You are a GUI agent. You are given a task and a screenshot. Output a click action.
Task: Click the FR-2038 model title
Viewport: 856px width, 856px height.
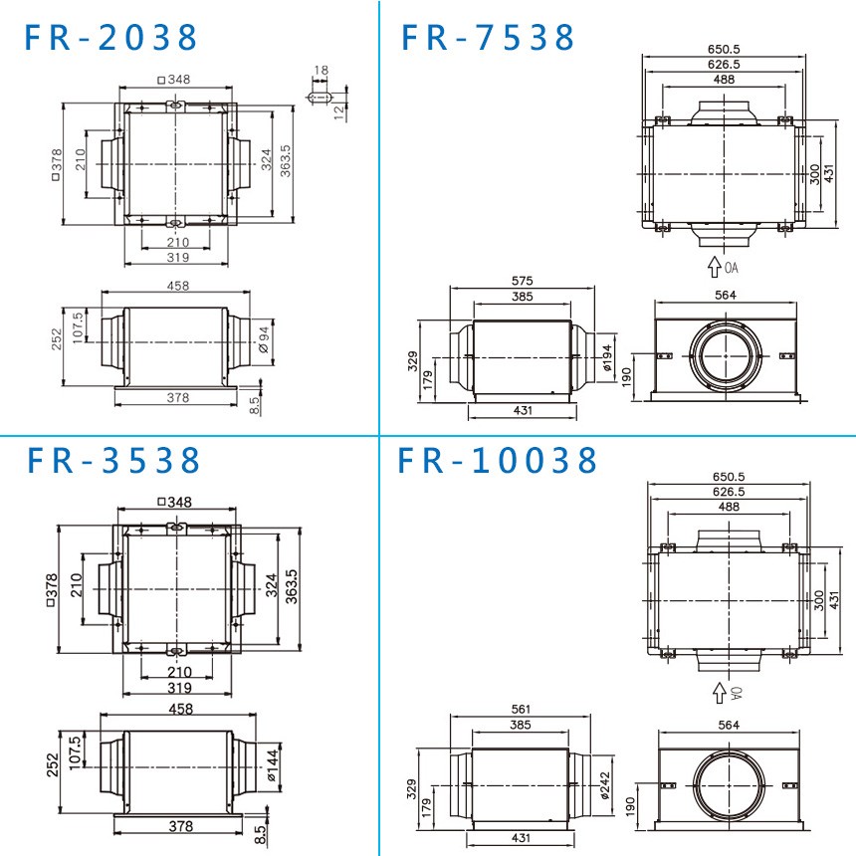point(111,37)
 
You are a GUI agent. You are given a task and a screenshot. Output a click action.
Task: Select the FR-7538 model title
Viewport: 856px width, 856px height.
point(488,37)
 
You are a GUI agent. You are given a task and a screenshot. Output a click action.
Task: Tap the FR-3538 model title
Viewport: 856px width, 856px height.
point(113,460)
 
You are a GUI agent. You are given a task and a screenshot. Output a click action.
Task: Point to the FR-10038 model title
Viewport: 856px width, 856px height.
point(499,460)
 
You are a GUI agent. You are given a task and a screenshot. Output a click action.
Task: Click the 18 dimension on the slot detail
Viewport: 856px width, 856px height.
point(320,72)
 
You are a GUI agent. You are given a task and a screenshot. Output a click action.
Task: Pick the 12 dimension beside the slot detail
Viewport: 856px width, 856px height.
point(339,111)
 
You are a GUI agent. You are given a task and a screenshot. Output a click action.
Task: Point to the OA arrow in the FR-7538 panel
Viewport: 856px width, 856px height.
point(715,267)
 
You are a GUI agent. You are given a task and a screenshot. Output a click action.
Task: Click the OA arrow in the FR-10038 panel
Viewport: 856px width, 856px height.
point(719,690)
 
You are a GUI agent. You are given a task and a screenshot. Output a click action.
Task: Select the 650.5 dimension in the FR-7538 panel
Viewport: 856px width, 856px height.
point(723,49)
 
